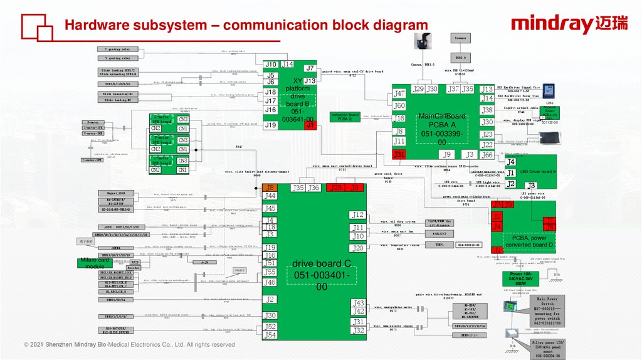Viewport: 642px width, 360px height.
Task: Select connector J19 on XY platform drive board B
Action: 270,125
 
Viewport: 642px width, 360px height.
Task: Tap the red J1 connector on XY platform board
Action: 310,125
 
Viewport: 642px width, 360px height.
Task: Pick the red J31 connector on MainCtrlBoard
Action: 399,154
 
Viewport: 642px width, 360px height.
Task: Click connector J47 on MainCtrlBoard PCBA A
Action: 399,93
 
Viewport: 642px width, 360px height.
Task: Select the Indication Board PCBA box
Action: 345,117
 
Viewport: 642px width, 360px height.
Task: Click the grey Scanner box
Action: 460,38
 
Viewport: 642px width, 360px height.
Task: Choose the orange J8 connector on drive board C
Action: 270,188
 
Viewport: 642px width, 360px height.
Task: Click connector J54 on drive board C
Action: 270,335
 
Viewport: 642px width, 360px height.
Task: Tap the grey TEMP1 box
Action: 439,244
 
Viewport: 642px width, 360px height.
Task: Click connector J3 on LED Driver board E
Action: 532,186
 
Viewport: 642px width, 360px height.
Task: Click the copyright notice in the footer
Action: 129,345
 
